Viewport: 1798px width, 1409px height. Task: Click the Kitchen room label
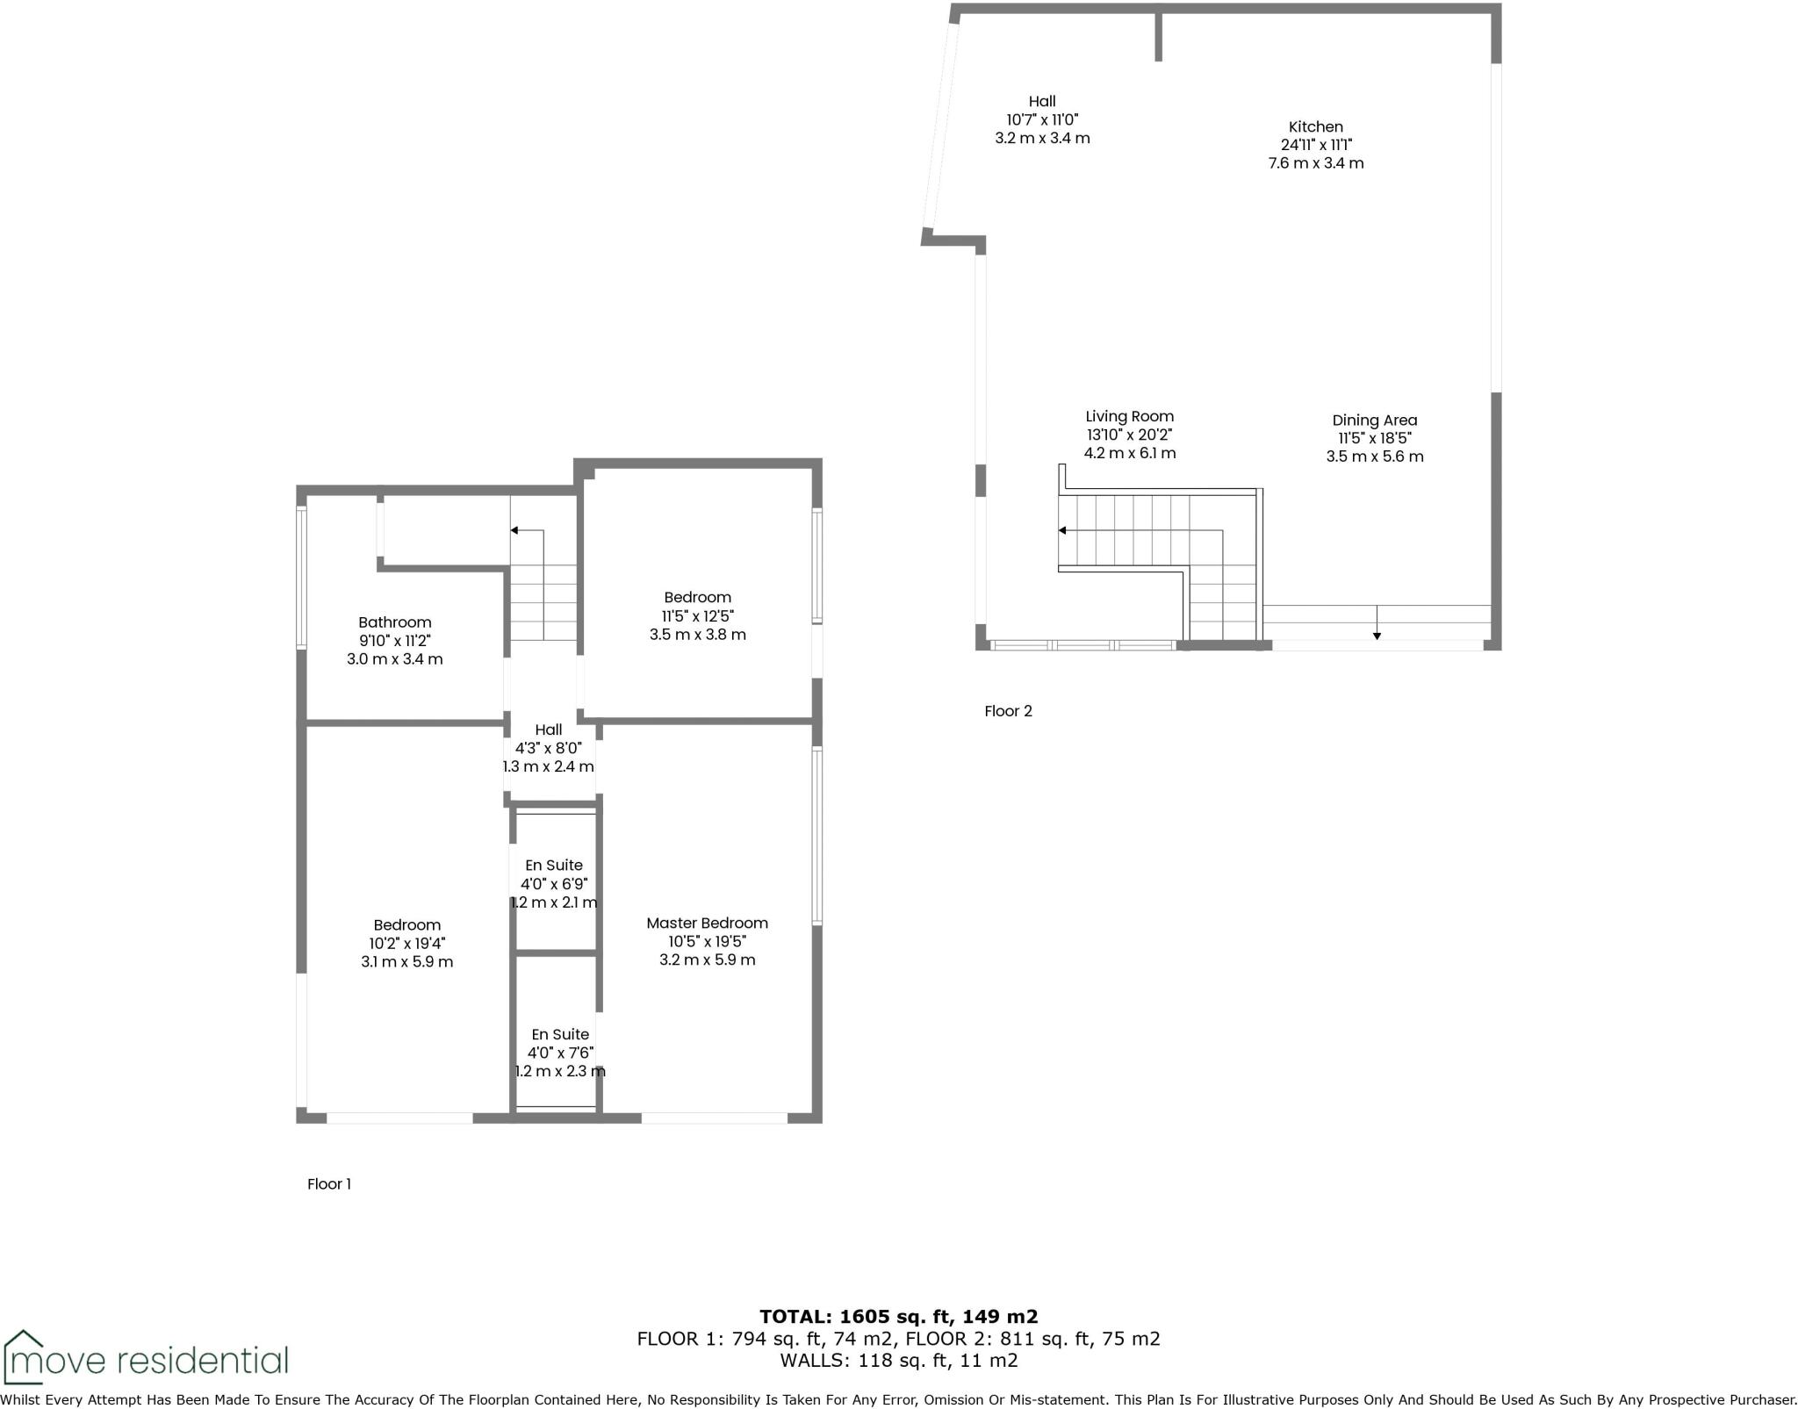(1315, 126)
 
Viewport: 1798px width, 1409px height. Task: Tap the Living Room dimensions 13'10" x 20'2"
(1128, 435)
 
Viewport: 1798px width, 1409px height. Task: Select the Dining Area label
(1374, 421)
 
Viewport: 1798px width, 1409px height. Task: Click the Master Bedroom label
(707, 923)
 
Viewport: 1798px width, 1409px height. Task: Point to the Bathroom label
(394, 622)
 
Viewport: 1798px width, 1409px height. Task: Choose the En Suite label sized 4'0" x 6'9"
(553, 866)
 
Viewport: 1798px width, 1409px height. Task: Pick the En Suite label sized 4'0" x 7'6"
(559, 1034)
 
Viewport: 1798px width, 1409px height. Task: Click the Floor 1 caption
(328, 1183)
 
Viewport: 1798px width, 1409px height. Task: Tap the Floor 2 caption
(1008, 711)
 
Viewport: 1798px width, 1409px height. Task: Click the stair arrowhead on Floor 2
(1062, 530)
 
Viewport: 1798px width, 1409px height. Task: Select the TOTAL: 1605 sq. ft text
(898, 1316)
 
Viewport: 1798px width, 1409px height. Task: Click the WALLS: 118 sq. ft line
(898, 1361)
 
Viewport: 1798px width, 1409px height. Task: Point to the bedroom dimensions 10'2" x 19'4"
(406, 944)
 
